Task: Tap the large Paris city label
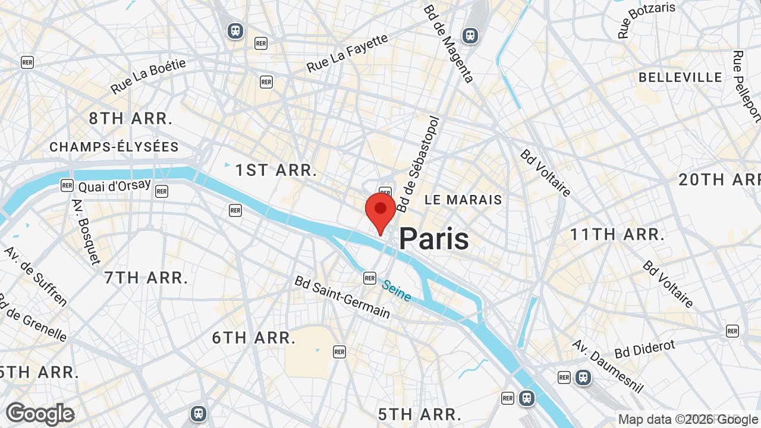(x=433, y=239)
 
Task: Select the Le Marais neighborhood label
(x=463, y=200)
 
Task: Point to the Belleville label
(x=680, y=77)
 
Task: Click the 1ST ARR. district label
(x=276, y=171)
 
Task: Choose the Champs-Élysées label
(x=114, y=147)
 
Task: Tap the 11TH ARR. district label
(x=617, y=234)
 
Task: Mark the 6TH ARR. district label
(x=254, y=338)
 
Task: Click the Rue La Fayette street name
(x=347, y=53)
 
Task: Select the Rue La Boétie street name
(x=148, y=76)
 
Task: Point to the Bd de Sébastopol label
(x=420, y=164)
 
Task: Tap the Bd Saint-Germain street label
(x=342, y=297)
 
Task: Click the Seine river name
(x=397, y=291)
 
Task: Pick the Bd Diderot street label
(x=645, y=349)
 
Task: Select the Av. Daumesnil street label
(x=608, y=366)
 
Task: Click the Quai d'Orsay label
(x=114, y=185)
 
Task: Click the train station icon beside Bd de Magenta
(x=470, y=36)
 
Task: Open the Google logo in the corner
(x=40, y=414)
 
